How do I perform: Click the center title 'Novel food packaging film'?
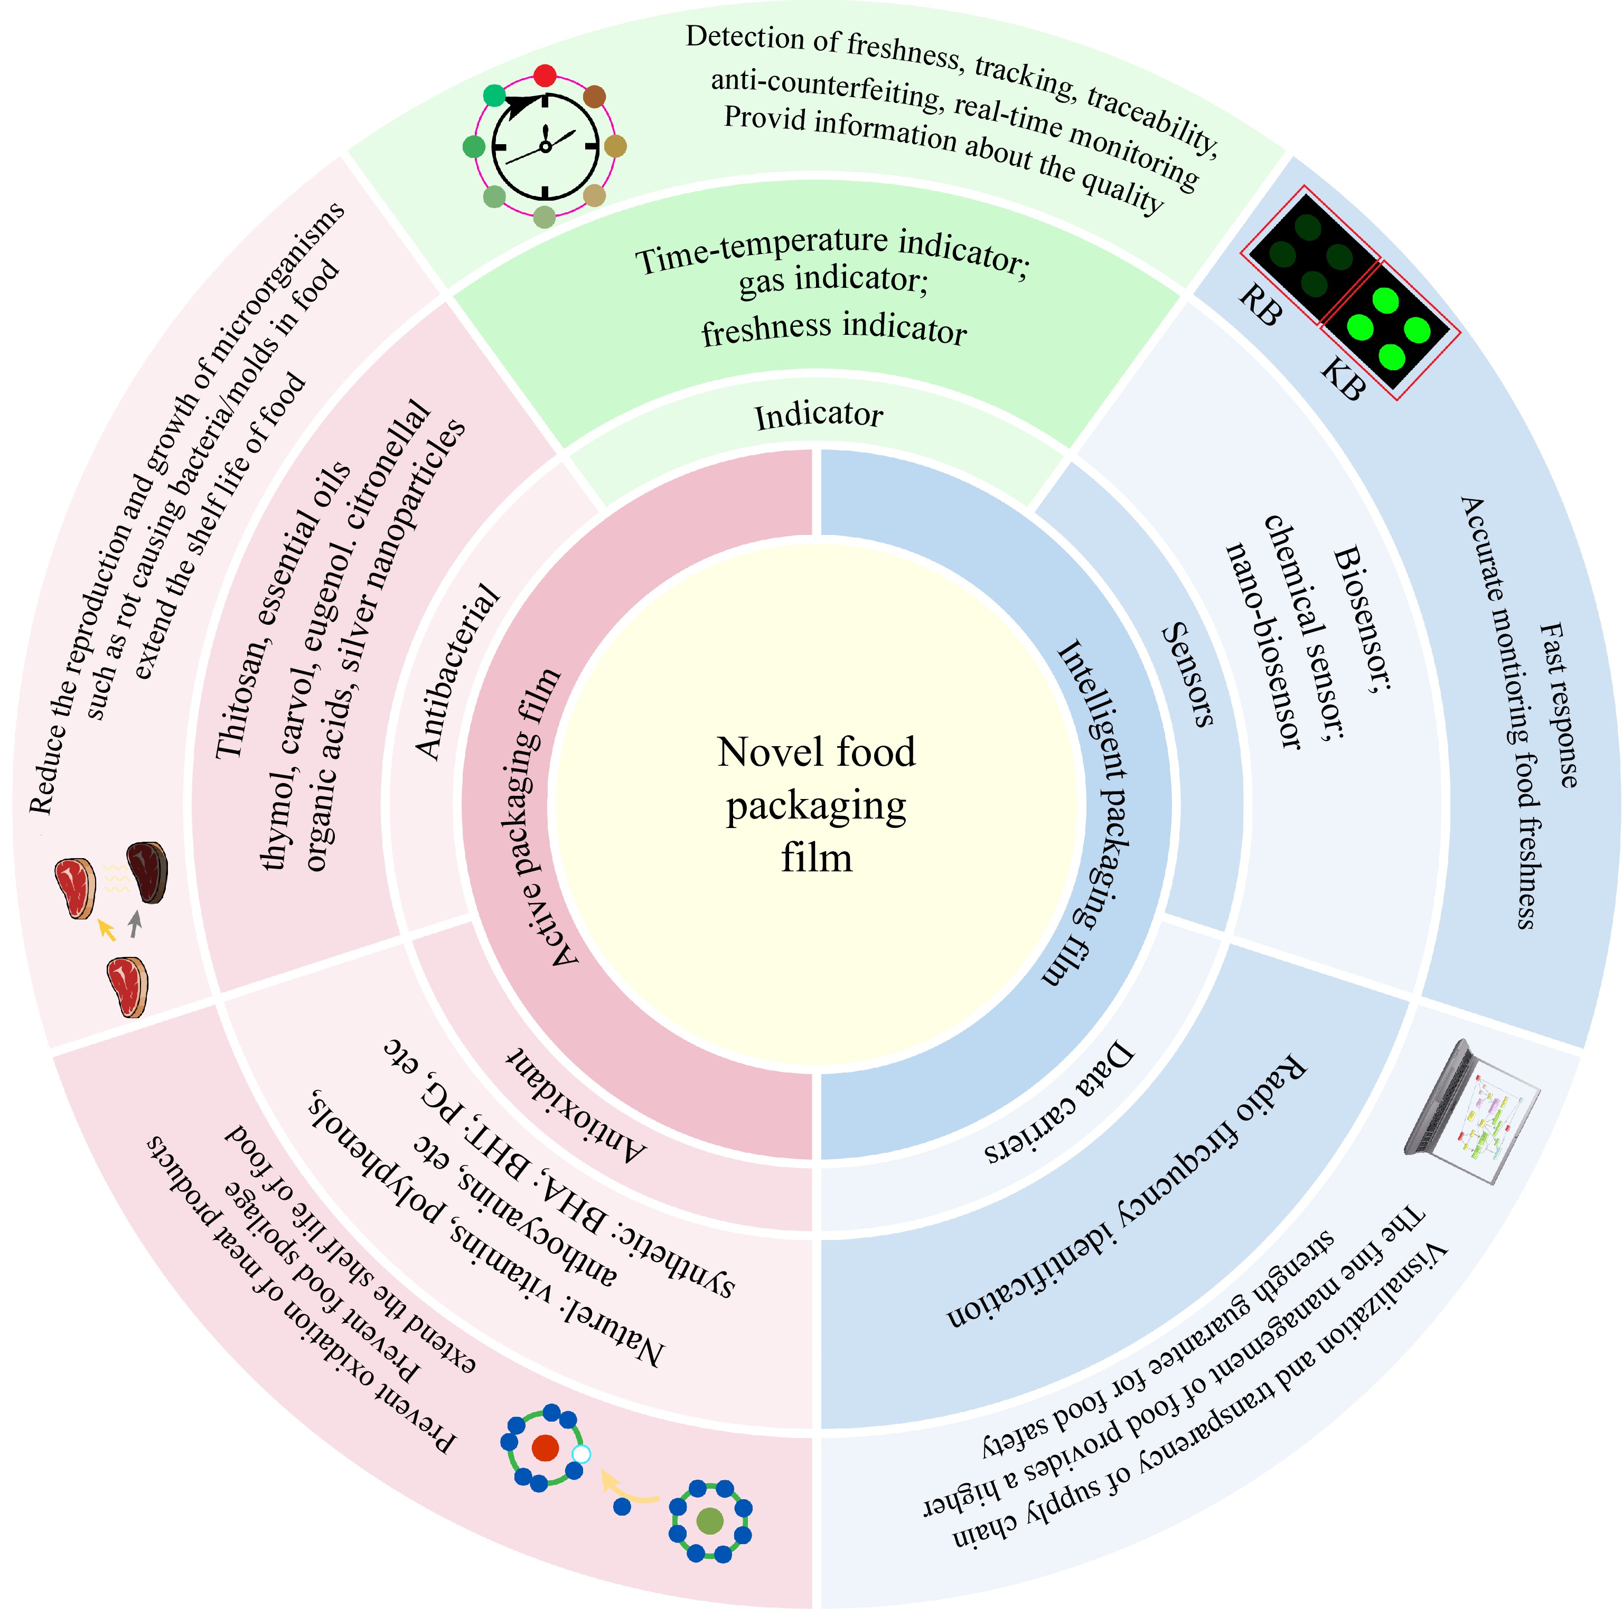tap(816, 804)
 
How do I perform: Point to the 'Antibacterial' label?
tap(457, 672)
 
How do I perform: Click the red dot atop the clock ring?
tap(545, 76)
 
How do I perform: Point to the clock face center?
tap(545, 147)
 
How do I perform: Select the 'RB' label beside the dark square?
tap(1261, 305)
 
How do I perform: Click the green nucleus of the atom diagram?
tap(709, 1520)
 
